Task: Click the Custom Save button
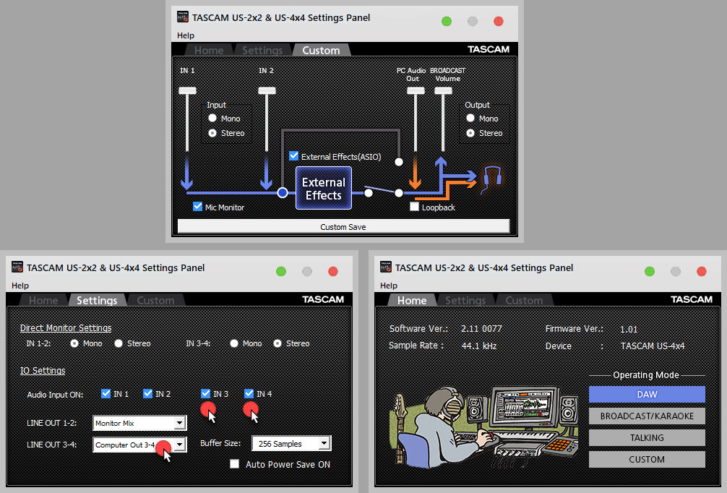[x=343, y=226]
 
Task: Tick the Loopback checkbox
[x=414, y=207]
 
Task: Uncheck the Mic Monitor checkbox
[x=197, y=207]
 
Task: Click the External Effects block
[x=323, y=188]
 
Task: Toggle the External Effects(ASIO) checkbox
[x=293, y=156]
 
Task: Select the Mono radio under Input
[x=212, y=119]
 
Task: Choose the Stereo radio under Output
[x=471, y=133]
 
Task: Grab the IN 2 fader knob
[x=267, y=90]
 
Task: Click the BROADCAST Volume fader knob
[x=442, y=90]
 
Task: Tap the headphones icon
[x=491, y=176]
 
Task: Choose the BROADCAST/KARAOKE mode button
[x=647, y=416]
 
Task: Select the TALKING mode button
[x=647, y=437]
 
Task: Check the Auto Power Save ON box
[x=234, y=464]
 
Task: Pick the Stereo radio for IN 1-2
[x=119, y=343]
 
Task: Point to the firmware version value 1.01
[x=629, y=330]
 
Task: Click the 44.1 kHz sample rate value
[x=478, y=346]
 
